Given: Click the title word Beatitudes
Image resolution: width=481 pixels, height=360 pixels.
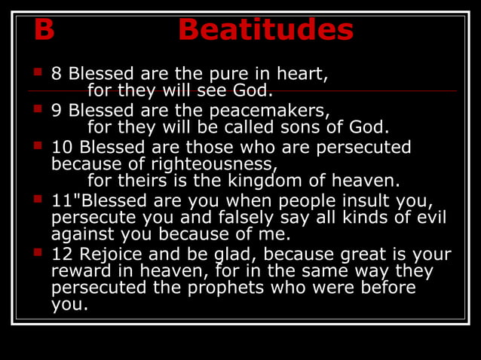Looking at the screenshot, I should point(265,30).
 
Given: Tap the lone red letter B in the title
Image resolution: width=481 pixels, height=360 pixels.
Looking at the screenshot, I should point(44,30).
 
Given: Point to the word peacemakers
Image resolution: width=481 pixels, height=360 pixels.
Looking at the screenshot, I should point(269,110).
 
